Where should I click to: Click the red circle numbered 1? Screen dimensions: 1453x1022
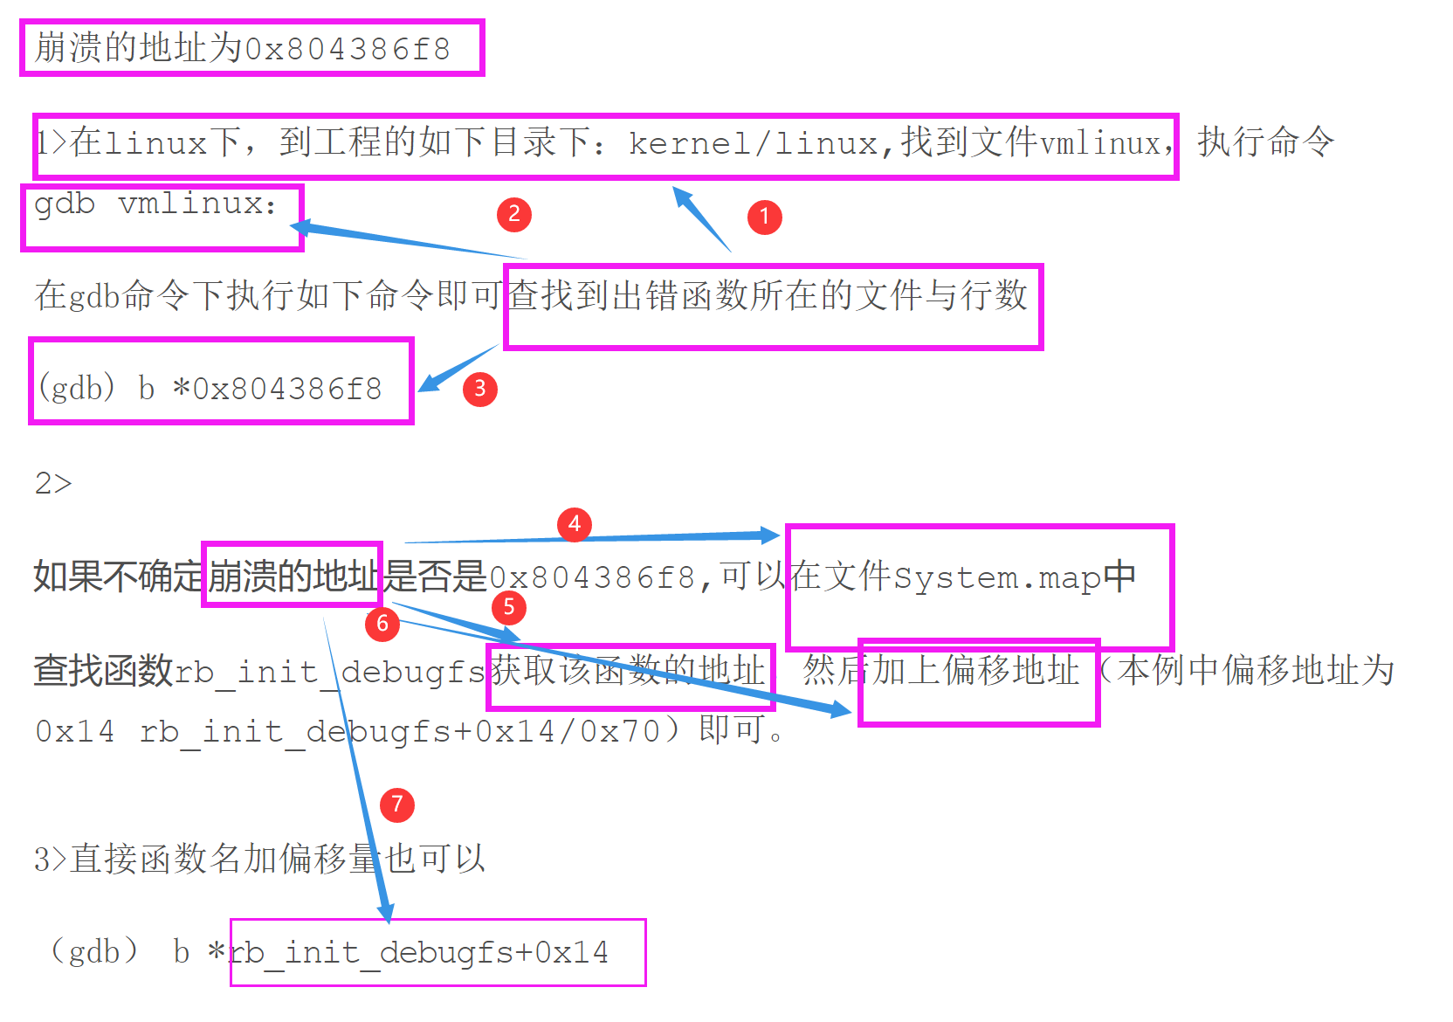[764, 217]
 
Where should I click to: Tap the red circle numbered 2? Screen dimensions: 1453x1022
[513, 214]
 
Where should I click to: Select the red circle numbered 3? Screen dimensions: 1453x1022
[479, 389]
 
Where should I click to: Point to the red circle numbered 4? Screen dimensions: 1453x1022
[574, 524]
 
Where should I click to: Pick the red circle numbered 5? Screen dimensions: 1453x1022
[509, 607]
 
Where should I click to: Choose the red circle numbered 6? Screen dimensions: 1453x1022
[382, 624]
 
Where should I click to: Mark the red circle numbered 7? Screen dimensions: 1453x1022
[397, 804]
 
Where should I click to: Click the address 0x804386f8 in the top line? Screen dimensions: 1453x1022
[347, 49]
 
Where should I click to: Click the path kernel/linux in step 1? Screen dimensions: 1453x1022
[753, 143]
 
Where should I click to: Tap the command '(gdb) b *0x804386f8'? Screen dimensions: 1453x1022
[210, 388]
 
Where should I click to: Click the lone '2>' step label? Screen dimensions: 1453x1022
[53, 483]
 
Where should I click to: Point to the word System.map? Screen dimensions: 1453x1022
[995, 578]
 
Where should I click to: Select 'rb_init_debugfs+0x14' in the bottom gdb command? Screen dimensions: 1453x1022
[419, 952]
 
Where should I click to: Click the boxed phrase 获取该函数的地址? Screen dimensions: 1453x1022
[629, 671]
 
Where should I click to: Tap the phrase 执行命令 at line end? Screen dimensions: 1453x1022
[1265, 142]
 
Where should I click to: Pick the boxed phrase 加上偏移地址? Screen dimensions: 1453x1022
[976, 671]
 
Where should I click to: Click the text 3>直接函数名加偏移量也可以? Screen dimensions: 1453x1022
[259, 860]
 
